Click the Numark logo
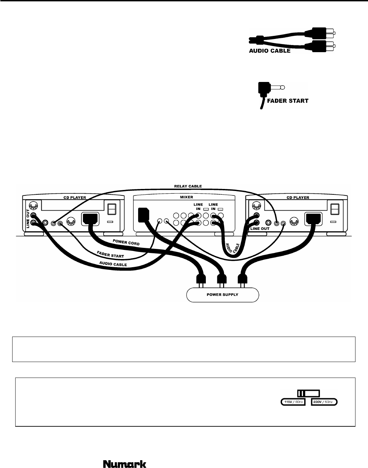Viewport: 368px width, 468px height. coord(125,454)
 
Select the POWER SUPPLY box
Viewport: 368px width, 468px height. coord(222,295)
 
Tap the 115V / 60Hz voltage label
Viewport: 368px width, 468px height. coord(293,402)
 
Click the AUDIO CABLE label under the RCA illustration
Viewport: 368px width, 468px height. coord(270,51)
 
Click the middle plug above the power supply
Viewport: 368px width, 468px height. coord(221,279)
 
